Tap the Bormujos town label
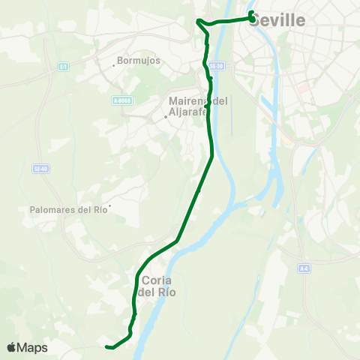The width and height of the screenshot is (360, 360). point(139,61)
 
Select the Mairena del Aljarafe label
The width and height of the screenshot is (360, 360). point(197,106)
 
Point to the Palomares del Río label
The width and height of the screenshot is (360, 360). point(69,210)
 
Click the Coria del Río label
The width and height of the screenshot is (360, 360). point(157,286)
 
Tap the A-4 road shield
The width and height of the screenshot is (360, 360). point(304,268)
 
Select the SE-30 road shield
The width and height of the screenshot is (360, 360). point(217,66)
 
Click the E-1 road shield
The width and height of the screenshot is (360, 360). point(63,66)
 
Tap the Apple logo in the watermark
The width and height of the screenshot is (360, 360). point(12,347)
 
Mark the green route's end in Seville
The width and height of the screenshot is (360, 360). point(250,13)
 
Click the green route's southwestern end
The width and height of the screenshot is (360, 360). point(108,346)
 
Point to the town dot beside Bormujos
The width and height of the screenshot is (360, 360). point(113,64)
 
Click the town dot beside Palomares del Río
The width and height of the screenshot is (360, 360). point(110,206)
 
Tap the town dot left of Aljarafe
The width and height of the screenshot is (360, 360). point(166,116)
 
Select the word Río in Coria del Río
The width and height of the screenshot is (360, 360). point(165,292)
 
